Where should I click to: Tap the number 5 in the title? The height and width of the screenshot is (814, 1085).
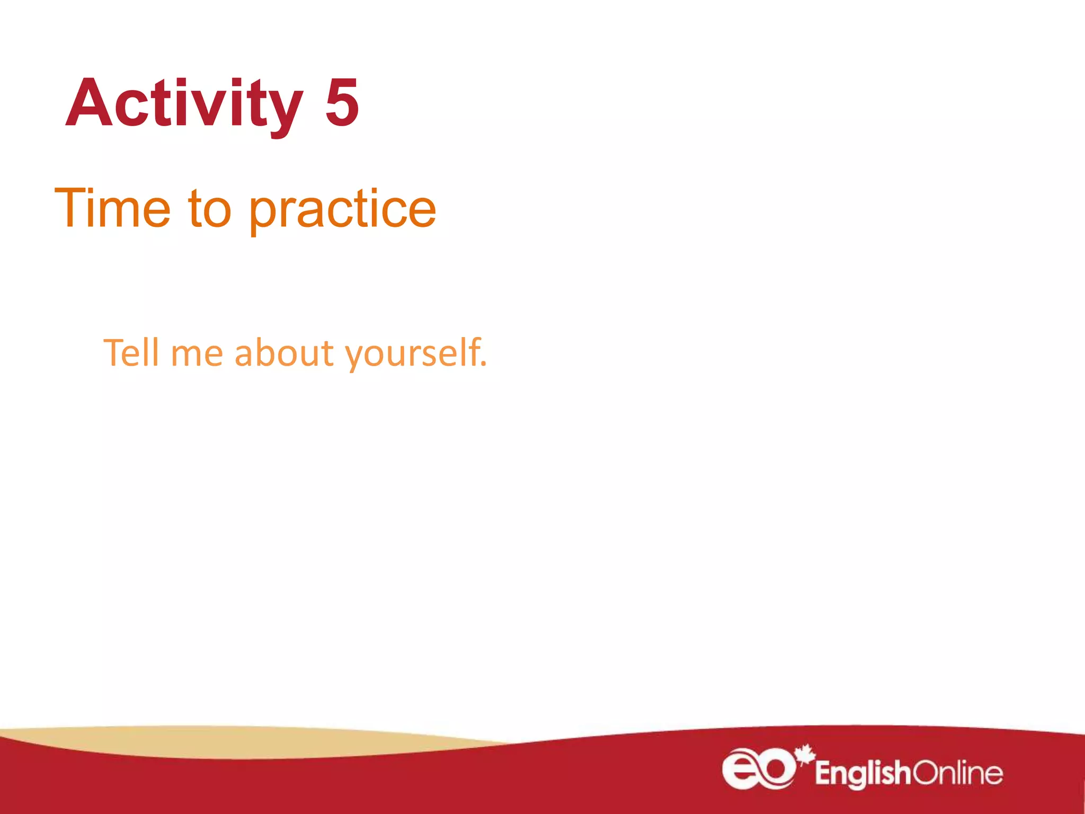click(x=342, y=103)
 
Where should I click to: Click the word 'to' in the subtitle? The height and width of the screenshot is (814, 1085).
click(x=210, y=209)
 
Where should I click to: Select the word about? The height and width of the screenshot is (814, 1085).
click(x=284, y=352)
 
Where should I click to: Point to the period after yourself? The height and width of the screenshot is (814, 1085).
click(x=483, y=365)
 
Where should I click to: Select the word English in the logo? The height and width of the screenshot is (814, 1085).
click(x=862, y=774)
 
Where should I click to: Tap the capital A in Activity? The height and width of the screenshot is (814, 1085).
click(x=87, y=103)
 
